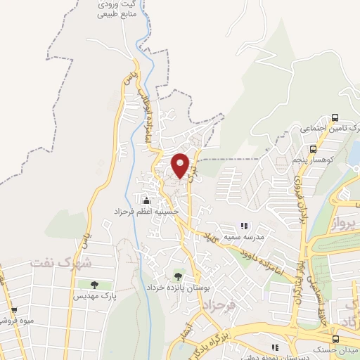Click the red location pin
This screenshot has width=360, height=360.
click(x=181, y=165)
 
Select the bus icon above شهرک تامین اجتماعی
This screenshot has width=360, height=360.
click(x=335, y=117)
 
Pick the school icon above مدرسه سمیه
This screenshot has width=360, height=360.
click(x=244, y=226)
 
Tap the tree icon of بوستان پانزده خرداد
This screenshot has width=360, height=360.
click(x=177, y=275)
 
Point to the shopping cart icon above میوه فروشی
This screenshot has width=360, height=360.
click(x=13, y=310)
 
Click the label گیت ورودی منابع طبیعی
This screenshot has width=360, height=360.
click(x=117, y=8)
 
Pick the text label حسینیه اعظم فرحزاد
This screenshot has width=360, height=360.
click(x=146, y=212)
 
